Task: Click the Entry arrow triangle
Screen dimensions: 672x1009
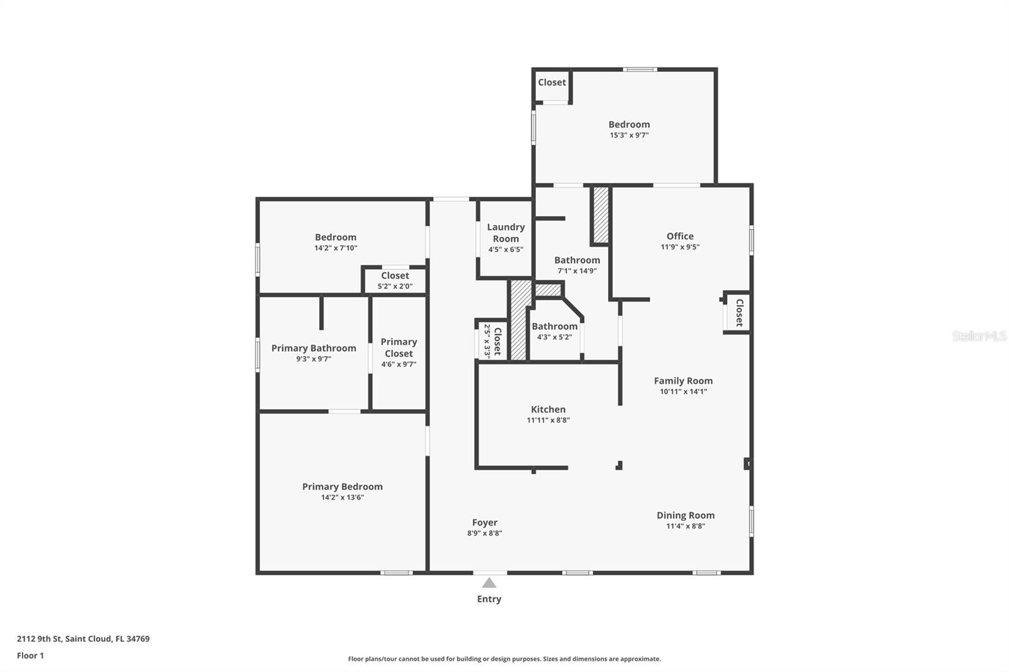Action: click(489, 582)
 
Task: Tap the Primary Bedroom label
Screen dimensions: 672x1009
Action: click(342, 487)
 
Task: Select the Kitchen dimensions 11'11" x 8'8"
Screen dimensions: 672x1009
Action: click(548, 420)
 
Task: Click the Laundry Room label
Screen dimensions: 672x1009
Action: click(505, 233)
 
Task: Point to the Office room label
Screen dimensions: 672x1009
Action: click(680, 236)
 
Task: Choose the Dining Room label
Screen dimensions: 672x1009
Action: click(685, 515)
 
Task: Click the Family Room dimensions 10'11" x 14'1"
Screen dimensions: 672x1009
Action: click(683, 391)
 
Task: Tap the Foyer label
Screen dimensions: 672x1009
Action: click(484, 523)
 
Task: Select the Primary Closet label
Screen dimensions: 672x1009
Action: click(399, 347)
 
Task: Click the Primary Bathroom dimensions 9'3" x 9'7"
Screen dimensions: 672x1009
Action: click(313, 359)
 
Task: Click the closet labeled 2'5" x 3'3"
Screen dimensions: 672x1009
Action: click(492, 341)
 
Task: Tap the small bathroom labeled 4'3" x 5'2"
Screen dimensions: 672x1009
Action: click(554, 331)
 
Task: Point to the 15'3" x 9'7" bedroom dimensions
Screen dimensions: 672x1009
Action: click(629, 135)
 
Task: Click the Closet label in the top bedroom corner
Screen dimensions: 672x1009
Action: click(552, 83)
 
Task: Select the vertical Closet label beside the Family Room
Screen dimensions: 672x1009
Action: click(739, 313)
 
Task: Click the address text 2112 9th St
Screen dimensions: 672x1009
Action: click(83, 639)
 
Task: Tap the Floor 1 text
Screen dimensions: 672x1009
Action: click(30, 656)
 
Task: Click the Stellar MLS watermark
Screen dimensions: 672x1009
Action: click(979, 336)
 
